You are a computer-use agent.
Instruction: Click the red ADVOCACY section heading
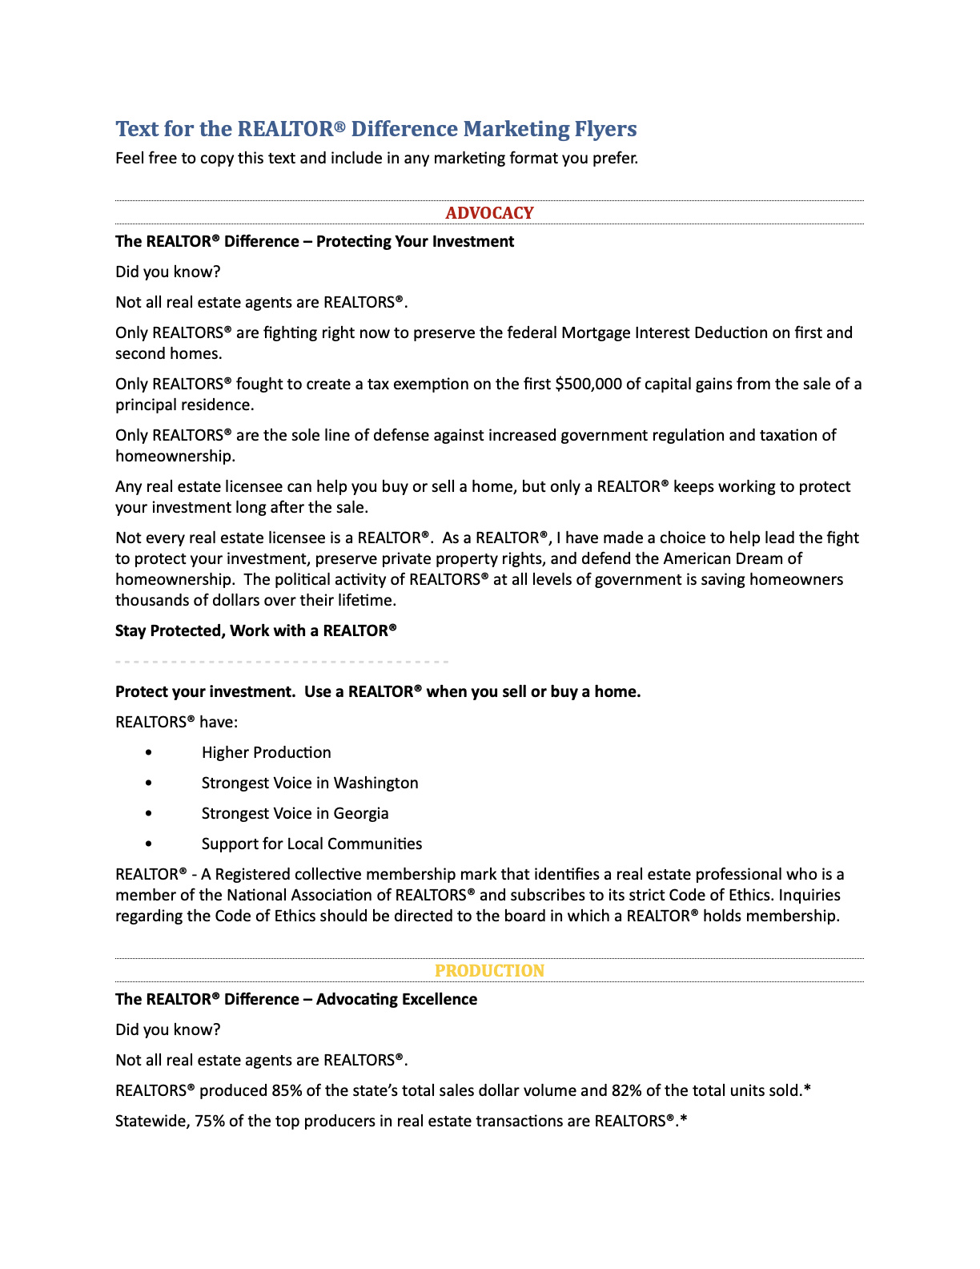tap(489, 213)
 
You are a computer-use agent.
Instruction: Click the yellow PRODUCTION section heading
tap(489, 971)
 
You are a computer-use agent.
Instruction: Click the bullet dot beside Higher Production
tap(149, 753)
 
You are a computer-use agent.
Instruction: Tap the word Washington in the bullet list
tap(376, 783)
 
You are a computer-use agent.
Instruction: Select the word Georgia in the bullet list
tap(361, 813)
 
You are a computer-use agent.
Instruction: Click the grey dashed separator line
tap(282, 662)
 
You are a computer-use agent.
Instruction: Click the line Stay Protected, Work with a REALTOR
tap(255, 630)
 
